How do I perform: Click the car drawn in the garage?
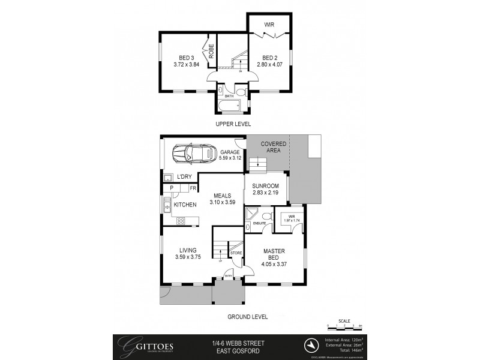click(x=193, y=155)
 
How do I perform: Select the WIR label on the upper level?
click(x=271, y=25)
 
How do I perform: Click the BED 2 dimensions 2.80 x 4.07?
click(x=270, y=64)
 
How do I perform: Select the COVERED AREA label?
click(x=273, y=148)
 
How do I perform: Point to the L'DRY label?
click(x=185, y=177)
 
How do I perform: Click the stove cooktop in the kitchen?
click(x=180, y=221)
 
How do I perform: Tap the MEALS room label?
click(x=220, y=195)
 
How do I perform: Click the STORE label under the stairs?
click(x=236, y=253)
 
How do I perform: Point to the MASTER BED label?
click(x=273, y=255)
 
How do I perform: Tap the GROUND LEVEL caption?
click(x=246, y=317)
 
